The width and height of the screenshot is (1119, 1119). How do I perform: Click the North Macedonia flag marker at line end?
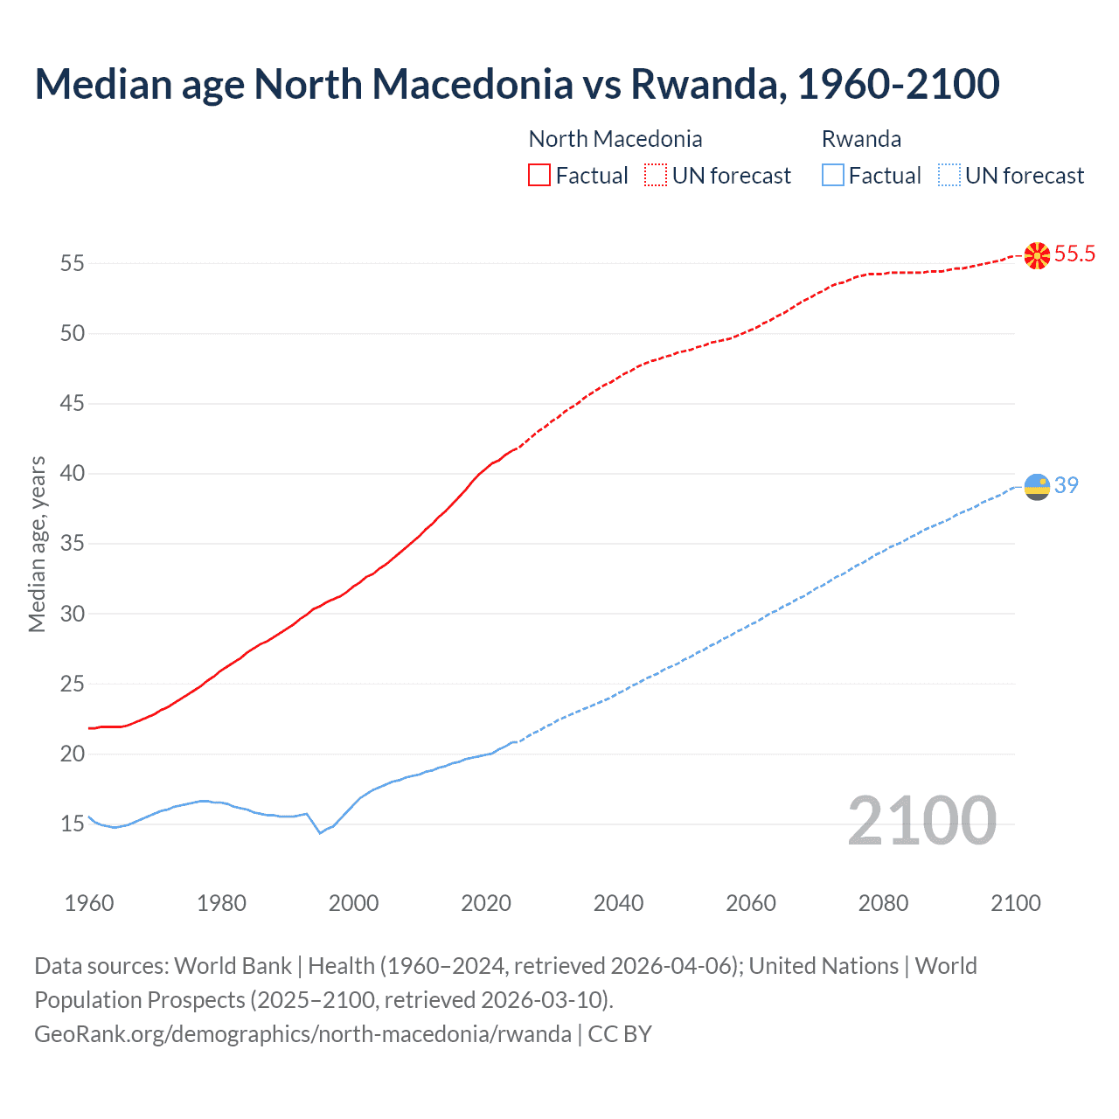[x=1037, y=255]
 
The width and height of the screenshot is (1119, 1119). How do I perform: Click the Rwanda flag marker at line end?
[x=1037, y=486]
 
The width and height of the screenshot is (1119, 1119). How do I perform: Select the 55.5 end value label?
[x=1074, y=254]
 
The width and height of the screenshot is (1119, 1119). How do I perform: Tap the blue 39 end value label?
[x=1067, y=485]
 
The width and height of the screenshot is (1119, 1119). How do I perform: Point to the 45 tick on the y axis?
[x=73, y=404]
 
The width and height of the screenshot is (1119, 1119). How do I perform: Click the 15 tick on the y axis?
[x=73, y=824]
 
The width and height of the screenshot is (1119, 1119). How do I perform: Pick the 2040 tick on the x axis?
[x=618, y=903]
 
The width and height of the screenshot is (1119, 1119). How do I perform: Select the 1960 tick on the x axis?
[x=89, y=903]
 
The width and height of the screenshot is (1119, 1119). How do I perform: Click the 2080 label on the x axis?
[x=883, y=903]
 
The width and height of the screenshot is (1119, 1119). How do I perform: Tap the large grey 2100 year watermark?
[x=921, y=821]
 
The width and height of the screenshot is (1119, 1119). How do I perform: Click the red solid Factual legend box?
[x=539, y=175]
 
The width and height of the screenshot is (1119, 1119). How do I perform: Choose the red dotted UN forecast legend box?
[x=656, y=175]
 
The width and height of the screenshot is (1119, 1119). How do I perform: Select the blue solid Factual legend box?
[x=833, y=175]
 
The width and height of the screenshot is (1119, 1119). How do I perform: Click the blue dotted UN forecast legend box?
[x=949, y=175]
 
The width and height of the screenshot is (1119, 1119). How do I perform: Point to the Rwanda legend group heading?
[x=861, y=139]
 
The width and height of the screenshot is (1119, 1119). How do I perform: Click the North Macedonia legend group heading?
[x=615, y=139]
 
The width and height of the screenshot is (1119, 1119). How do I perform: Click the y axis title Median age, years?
[x=37, y=544]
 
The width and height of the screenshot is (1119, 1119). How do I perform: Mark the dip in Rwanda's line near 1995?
[x=320, y=832]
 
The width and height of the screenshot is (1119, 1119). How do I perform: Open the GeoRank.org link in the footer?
[x=302, y=1033]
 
